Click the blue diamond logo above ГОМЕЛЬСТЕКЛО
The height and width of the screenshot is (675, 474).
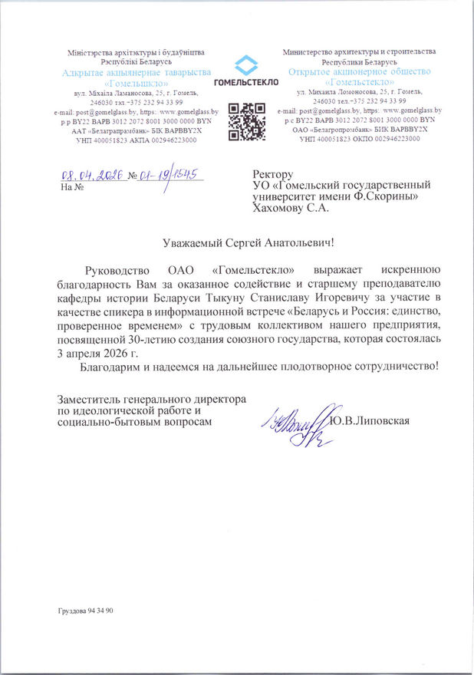(246, 65)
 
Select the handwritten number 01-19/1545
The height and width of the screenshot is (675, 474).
(168, 176)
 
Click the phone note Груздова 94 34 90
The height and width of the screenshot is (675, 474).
(85, 611)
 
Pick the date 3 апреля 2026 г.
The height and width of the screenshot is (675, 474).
(100, 353)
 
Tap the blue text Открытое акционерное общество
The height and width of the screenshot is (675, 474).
(358, 71)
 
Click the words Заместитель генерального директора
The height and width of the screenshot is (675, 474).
(152, 400)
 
